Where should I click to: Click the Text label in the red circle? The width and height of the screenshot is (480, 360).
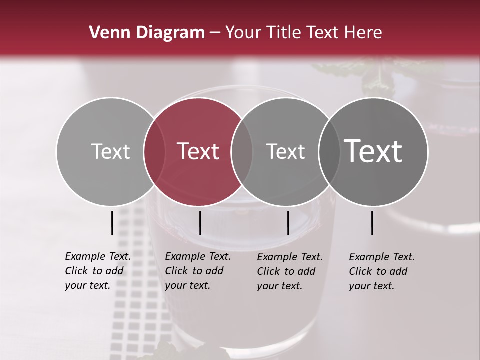pos(198,151)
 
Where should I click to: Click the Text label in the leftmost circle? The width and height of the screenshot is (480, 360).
pos(110,151)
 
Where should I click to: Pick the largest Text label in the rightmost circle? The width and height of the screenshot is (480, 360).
pos(373,151)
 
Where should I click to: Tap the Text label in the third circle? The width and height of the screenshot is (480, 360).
pos(285,151)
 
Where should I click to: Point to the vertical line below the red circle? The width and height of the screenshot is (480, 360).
pos(200,223)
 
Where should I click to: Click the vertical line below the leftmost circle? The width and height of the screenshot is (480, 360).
pos(112,223)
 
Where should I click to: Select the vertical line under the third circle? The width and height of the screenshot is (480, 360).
pos(288,223)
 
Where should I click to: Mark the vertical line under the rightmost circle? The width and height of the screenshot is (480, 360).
pos(372,223)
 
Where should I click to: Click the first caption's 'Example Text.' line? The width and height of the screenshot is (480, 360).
pos(98,256)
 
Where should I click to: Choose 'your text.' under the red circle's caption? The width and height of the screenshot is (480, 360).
pos(187,285)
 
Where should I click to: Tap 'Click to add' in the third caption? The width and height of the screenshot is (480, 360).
pos(286,271)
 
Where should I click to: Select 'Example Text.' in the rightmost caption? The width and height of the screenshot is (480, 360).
pos(382,257)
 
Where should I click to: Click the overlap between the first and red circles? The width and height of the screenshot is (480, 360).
pos(154,151)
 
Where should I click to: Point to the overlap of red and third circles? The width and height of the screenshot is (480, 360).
pos(242,151)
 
